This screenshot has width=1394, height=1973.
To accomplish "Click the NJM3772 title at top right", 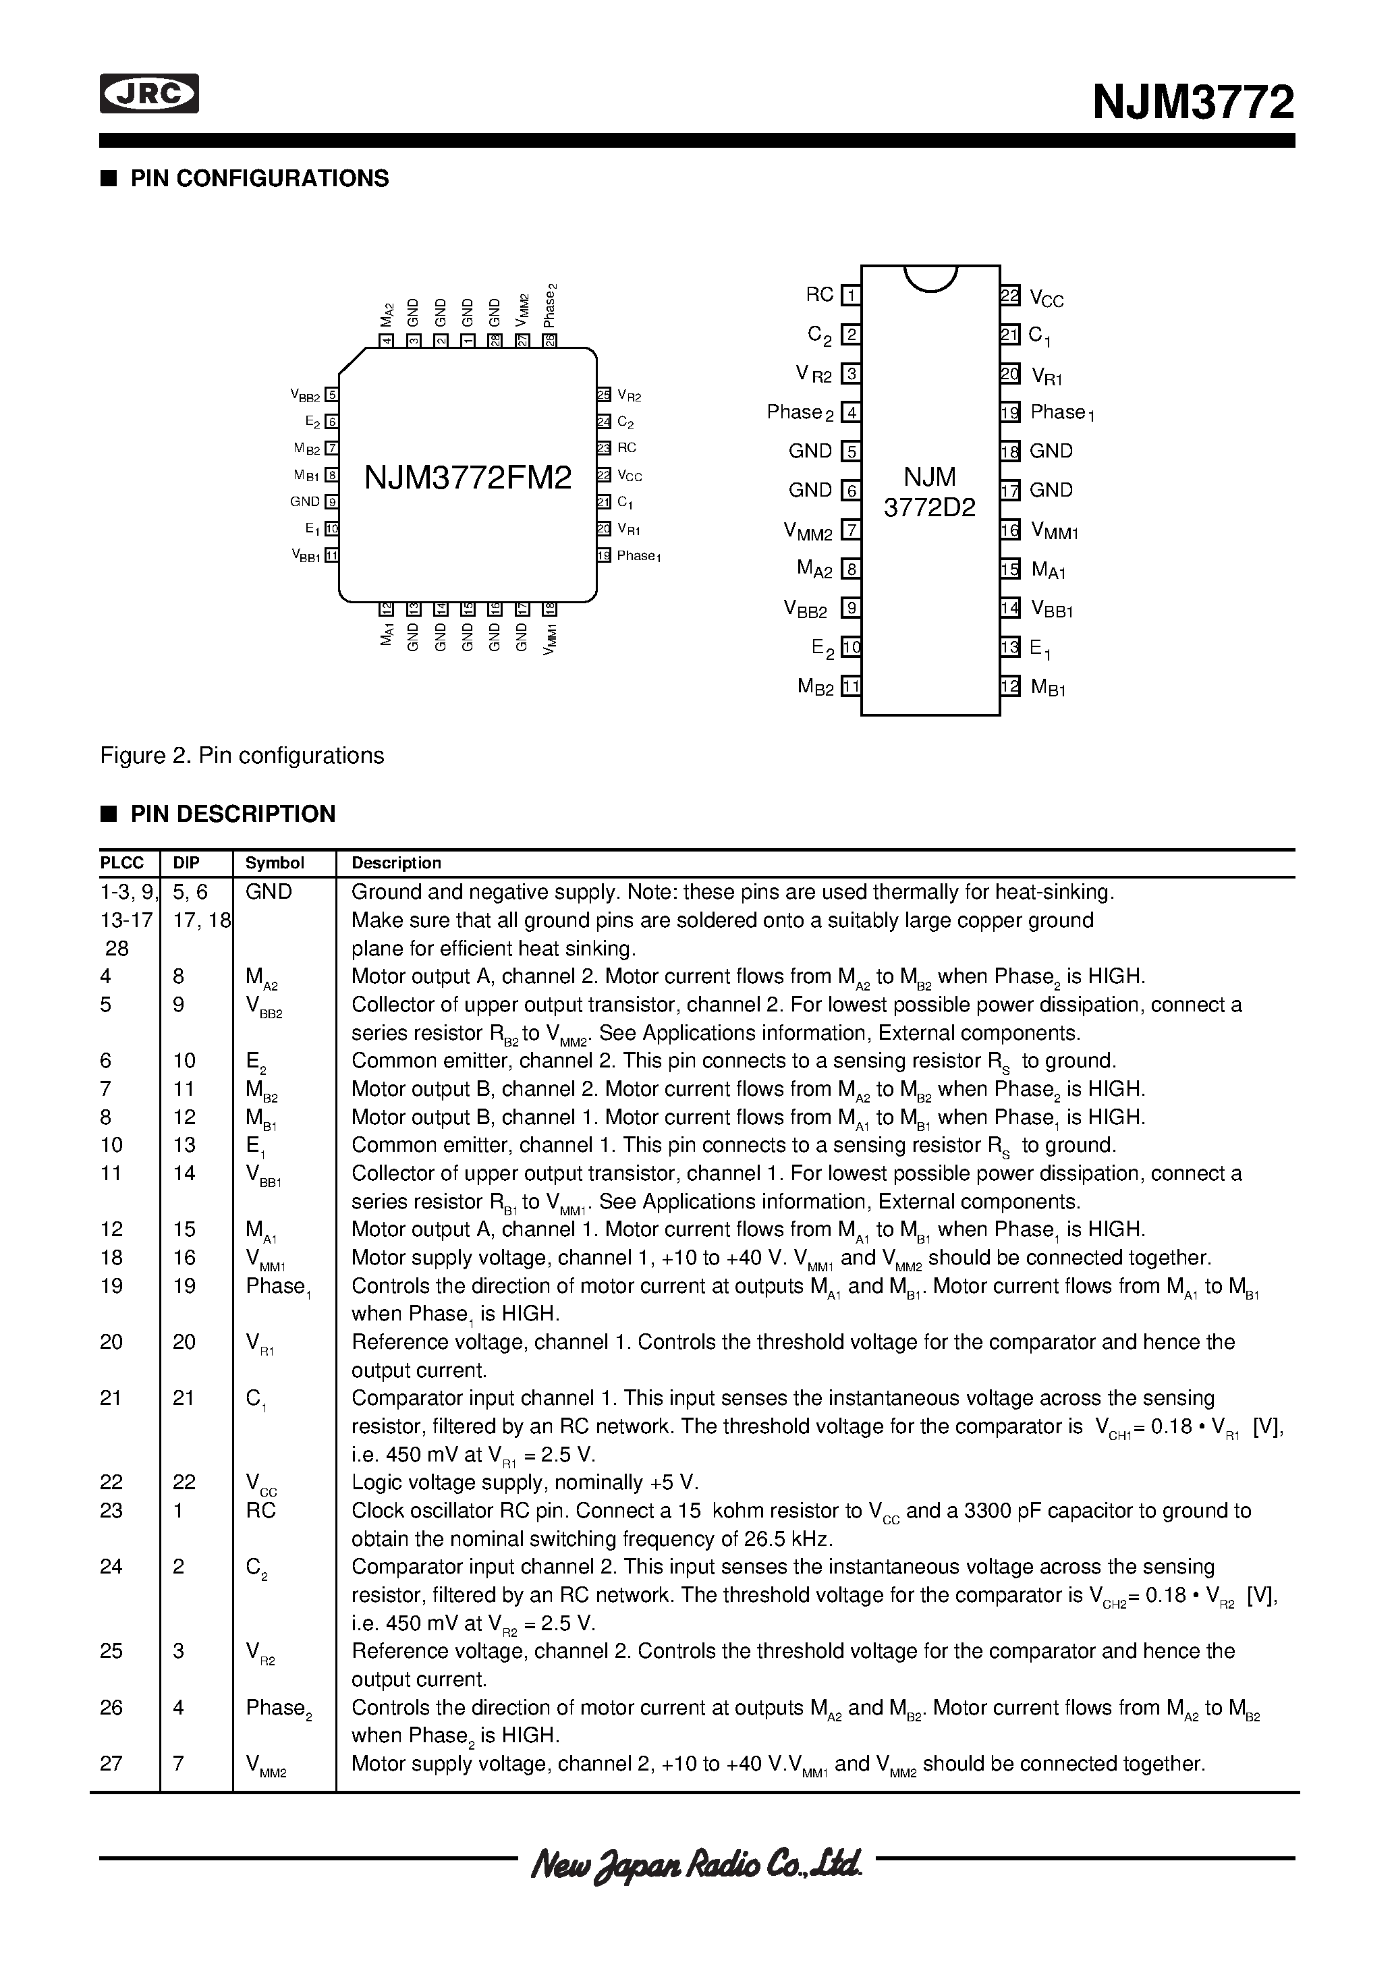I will (1193, 103).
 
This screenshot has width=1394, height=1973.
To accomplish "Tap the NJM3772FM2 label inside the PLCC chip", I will (468, 478).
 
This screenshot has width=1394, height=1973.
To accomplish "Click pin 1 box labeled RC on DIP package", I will (851, 296).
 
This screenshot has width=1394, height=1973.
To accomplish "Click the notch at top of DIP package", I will (930, 277).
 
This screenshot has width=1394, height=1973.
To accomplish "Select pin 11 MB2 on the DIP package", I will (851, 687).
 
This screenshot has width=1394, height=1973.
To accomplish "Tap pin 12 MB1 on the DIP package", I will (1010, 687).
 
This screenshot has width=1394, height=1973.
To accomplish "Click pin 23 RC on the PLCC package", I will (604, 448).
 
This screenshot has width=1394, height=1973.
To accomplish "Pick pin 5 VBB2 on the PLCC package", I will (332, 395).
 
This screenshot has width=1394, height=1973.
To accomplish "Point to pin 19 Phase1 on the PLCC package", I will (604, 556).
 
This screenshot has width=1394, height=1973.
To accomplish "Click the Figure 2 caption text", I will (242, 755).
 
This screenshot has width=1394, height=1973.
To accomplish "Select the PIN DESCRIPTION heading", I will (232, 814).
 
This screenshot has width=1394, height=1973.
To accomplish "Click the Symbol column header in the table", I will (275, 863).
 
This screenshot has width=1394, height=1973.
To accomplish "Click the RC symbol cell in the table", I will (260, 1511).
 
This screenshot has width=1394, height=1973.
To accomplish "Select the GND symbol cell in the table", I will (269, 892).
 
